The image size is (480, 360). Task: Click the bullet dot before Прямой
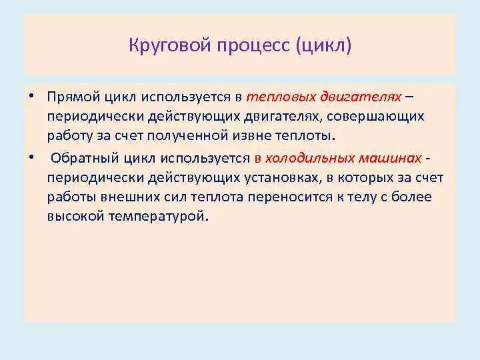31,97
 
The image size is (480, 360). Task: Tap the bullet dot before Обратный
31,158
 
